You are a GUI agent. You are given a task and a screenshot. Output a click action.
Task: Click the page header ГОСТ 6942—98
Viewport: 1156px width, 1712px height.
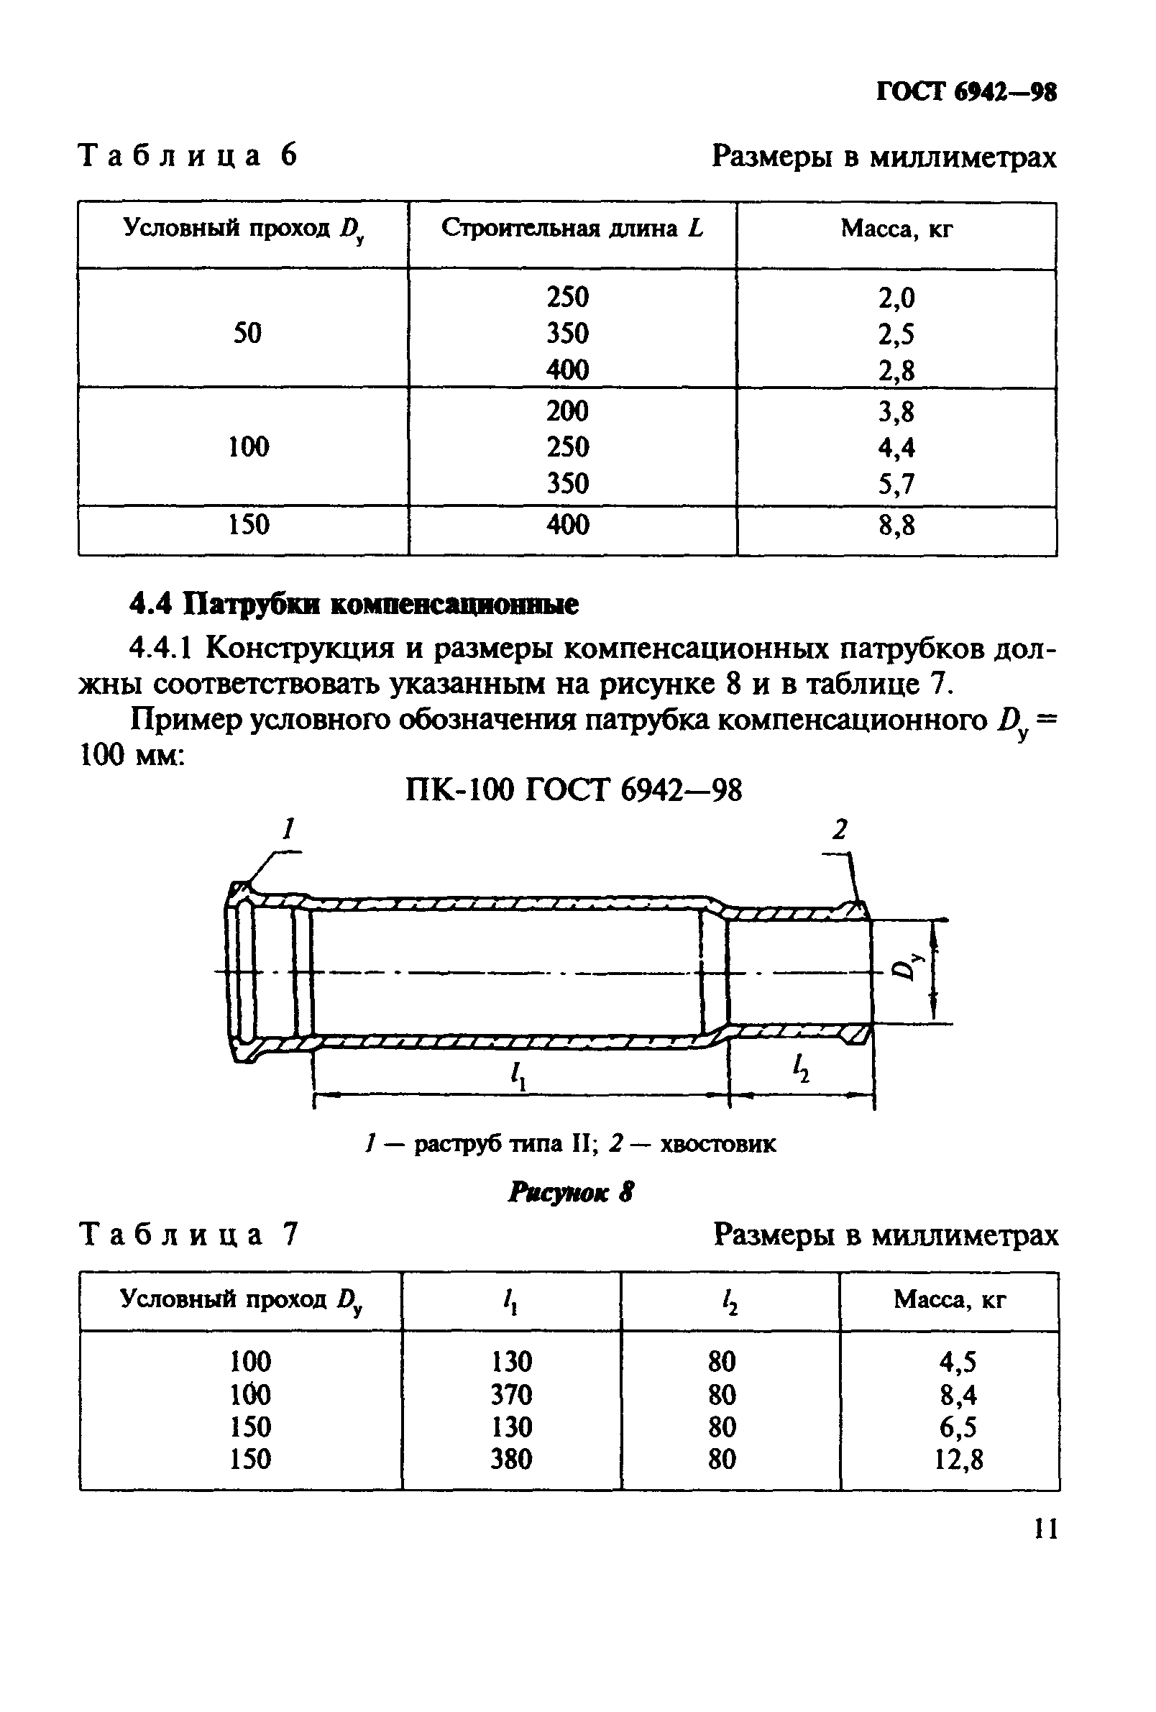pos(966,93)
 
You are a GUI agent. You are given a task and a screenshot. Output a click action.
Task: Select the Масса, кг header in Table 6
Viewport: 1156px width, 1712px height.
pos(896,230)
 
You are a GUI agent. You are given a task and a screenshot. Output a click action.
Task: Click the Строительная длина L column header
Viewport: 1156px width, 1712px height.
pos(572,229)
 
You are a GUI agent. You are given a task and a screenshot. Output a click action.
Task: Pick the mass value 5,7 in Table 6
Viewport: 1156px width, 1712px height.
pos(896,484)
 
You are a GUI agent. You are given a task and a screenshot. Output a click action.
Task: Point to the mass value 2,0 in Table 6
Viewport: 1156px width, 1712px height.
pos(896,298)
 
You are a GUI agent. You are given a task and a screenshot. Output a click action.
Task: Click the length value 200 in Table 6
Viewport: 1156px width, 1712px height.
pos(567,411)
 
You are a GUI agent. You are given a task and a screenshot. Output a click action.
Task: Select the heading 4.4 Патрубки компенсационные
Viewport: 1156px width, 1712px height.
pos(354,605)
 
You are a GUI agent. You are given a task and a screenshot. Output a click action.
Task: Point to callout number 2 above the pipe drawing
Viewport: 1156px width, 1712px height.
pos(840,830)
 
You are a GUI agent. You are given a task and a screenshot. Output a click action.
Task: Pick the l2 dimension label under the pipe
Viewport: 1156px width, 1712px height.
pos(800,1068)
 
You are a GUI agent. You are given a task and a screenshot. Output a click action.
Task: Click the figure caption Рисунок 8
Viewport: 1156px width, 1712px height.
pos(571,1192)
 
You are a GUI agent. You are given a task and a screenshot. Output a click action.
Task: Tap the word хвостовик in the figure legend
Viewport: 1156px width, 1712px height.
pos(717,1144)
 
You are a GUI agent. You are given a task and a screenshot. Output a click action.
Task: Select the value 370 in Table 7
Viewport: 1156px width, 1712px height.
pos(511,1394)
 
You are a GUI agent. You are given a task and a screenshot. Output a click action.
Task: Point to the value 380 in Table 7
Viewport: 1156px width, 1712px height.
pos(511,1460)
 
